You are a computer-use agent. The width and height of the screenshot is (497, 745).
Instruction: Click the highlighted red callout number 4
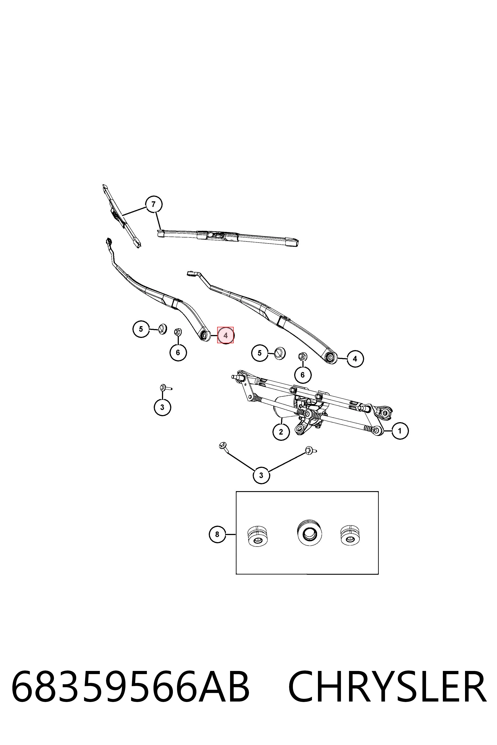point(225,335)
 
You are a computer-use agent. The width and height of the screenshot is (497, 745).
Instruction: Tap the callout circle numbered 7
point(154,204)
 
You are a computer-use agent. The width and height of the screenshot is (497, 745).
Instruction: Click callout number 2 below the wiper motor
point(281,432)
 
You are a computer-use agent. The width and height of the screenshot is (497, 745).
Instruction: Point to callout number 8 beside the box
point(217,534)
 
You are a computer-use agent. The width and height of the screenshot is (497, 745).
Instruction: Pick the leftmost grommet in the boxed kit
point(257,536)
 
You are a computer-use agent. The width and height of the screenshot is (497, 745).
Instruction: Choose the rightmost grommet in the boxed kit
point(350,536)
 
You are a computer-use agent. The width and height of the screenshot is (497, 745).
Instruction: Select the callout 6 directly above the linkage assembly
point(303,375)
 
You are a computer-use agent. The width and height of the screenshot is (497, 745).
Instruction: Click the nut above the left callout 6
point(178,332)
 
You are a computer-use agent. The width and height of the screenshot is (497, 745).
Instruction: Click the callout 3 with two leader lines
point(261,475)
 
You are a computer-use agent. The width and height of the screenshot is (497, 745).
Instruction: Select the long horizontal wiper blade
point(228,237)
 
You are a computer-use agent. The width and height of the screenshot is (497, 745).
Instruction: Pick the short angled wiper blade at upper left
point(122,216)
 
